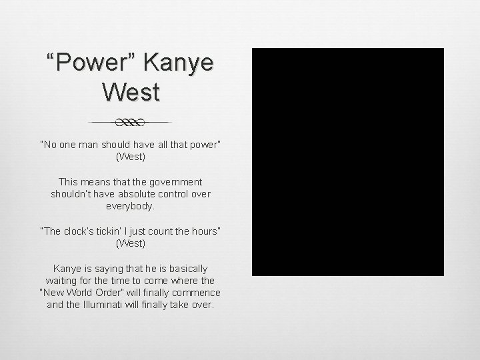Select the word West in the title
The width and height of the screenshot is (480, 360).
131,91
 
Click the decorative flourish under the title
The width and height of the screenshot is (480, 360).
131,123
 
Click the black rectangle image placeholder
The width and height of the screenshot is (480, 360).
347,162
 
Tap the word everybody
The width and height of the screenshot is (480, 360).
131,207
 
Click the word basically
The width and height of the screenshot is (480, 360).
186,268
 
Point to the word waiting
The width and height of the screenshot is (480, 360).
62,281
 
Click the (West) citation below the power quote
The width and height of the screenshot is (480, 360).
131,157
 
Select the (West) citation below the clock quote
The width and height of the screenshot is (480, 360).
131,243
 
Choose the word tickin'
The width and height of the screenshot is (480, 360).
117,231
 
